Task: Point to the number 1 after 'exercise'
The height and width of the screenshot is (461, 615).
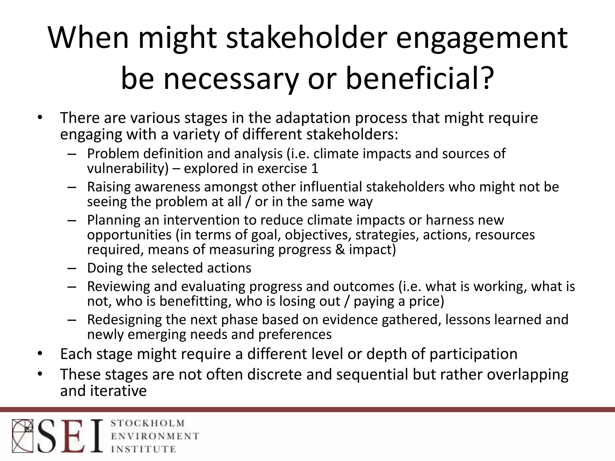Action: click(x=314, y=168)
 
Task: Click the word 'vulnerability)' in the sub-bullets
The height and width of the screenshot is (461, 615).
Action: click(x=128, y=168)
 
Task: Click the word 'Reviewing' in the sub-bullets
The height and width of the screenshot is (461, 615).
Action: click(x=118, y=286)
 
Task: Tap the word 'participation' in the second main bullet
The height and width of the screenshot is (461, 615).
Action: click(x=473, y=354)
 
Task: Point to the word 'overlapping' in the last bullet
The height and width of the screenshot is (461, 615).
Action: click(x=527, y=375)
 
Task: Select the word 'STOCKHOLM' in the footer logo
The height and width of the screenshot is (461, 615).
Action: click(x=147, y=423)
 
